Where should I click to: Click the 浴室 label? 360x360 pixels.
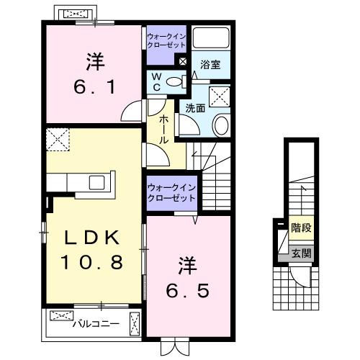(x=210, y=63)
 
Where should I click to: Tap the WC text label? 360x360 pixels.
(x=156, y=81)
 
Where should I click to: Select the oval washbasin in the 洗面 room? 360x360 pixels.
(x=221, y=125)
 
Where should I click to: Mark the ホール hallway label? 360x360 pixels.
(x=164, y=130)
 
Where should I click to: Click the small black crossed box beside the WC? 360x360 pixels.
(x=183, y=61)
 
